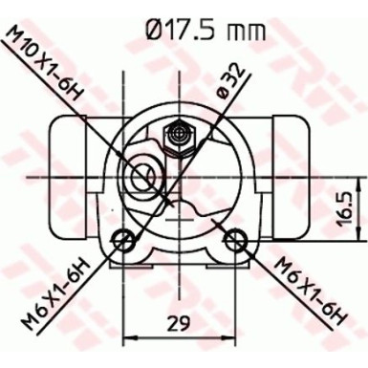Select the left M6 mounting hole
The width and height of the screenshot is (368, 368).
coord(122,239)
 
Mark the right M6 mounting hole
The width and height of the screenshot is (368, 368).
coord(233,239)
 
